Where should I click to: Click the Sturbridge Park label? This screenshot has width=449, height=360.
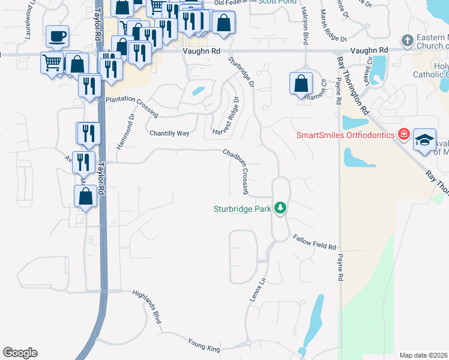tap(243, 209)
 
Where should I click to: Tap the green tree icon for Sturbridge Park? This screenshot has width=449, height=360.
tap(279, 208)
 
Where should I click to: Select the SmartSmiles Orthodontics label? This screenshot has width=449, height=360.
tap(345, 134)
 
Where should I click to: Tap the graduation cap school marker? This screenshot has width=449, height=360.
tap(424, 140)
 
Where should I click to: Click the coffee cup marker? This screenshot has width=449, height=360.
tap(57, 37)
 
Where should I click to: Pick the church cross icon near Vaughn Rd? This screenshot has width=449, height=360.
tap(408, 40)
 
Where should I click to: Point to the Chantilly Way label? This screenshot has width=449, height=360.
tap(169, 133)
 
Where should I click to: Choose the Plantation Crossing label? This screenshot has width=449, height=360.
tap(131, 106)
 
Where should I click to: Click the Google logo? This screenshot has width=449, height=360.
tap(20, 353)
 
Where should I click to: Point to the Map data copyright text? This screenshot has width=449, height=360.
tap(423, 355)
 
